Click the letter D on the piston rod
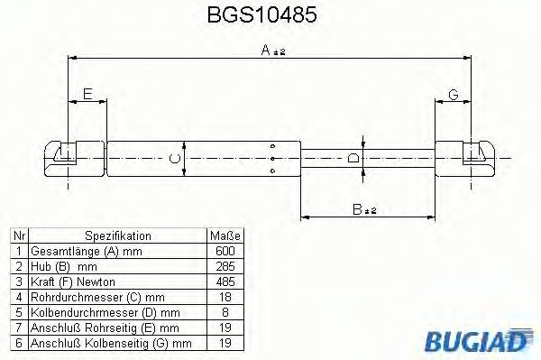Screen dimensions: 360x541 tap(354, 159)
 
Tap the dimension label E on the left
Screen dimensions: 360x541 tap(87, 94)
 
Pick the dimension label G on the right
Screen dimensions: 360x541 tap(453, 94)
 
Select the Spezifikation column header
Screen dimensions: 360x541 tap(116, 235)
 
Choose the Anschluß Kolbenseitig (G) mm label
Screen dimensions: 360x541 tap(111, 343)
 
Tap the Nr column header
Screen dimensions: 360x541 tap(18, 235)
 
